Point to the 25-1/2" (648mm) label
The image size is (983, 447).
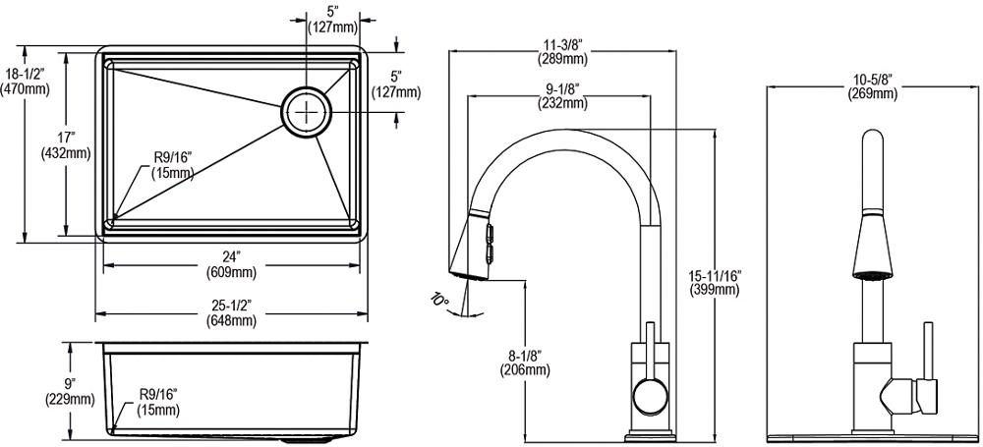(231, 313)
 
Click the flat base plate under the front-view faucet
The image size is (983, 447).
(870, 432)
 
